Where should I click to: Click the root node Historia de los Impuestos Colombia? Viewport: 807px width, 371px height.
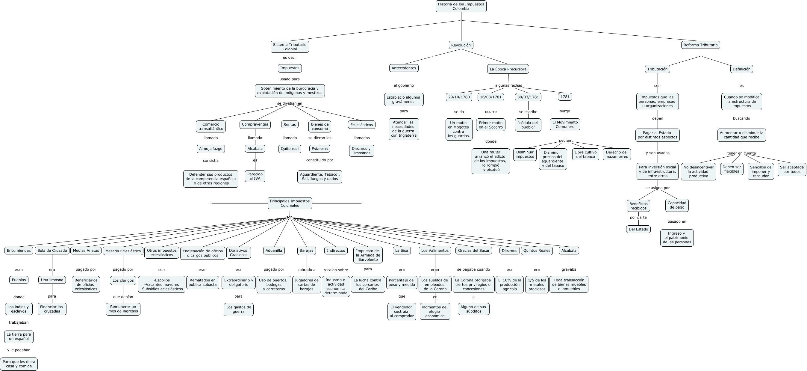(x=461, y=6)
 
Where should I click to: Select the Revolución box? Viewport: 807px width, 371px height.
(x=461, y=45)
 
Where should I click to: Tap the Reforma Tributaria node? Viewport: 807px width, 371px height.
(x=700, y=45)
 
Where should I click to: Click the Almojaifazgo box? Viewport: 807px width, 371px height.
(x=211, y=149)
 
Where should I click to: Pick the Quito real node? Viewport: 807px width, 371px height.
(x=290, y=149)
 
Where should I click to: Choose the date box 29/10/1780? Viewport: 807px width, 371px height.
(x=459, y=97)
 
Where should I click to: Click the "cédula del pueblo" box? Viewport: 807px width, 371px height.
(x=528, y=125)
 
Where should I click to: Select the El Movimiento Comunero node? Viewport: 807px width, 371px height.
(x=565, y=124)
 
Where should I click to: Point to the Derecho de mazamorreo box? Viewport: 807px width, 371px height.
(x=616, y=154)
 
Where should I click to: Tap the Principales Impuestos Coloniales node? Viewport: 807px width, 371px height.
(x=290, y=203)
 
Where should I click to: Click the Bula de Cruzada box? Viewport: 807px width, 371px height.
(x=52, y=251)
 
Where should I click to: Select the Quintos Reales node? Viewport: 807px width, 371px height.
(x=537, y=251)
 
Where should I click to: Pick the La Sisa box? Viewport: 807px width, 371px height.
(x=402, y=251)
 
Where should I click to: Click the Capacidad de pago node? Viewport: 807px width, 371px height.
(x=677, y=205)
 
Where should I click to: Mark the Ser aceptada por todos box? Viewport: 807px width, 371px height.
(x=792, y=169)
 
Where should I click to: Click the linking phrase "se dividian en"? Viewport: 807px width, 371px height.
(x=290, y=103)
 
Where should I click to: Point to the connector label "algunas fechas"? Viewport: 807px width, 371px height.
(x=508, y=85)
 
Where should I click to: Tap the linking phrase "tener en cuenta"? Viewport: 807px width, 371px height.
(x=741, y=153)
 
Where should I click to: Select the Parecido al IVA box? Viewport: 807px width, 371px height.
(x=255, y=176)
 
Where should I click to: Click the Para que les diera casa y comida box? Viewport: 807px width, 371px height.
(x=19, y=364)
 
